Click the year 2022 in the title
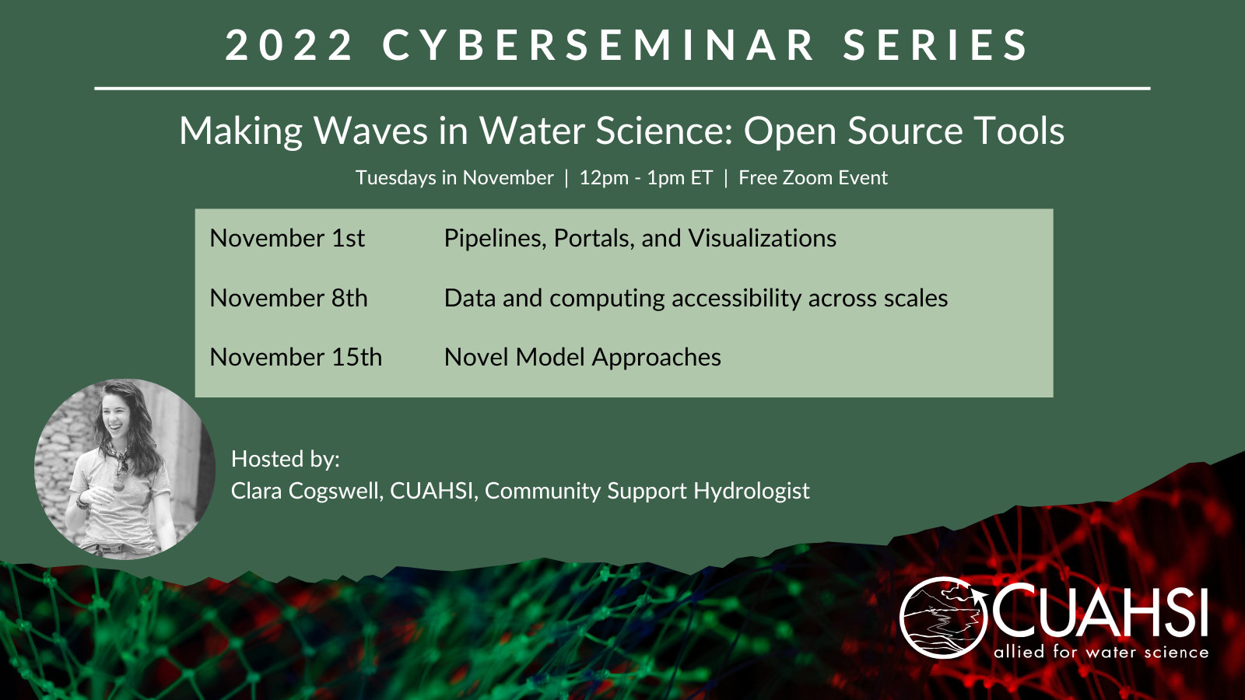click(289, 44)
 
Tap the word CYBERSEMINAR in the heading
click(598, 44)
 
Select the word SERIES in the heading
click(936, 44)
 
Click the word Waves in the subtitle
click(370, 131)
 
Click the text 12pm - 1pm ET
click(646, 178)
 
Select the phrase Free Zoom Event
click(812, 178)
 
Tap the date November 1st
click(287, 238)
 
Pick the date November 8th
click(289, 299)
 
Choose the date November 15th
click(296, 357)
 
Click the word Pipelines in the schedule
click(495, 239)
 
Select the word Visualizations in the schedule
click(762, 238)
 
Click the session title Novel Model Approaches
click(583, 357)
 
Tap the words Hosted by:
click(285, 460)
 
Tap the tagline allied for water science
click(1101, 651)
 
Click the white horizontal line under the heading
click(622, 89)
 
